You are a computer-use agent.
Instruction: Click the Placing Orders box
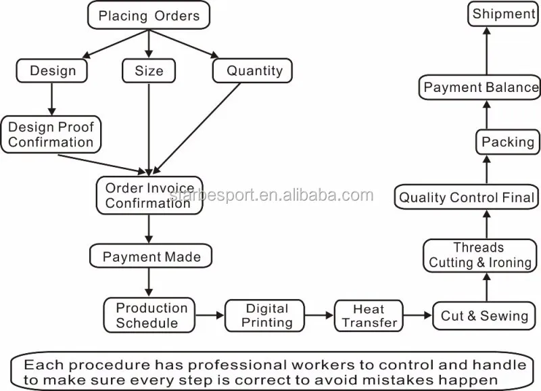coord(149,15)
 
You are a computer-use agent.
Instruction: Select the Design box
coord(52,71)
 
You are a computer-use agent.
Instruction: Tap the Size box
coord(149,71)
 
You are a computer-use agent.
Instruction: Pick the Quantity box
coord(252,71)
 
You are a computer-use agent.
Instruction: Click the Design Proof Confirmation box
coord(51,135)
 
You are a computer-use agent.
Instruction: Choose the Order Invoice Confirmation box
coord(149,195)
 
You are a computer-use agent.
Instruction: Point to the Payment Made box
coord(151,256)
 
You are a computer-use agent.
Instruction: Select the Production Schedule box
coord(149,315)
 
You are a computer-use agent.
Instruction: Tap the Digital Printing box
coord(264,315)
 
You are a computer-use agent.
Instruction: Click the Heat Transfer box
coord(369,316)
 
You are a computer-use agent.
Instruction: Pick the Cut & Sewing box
coord(484,315)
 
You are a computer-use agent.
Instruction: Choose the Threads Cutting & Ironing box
coord(480,256)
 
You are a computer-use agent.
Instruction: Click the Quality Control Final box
coord(467,197)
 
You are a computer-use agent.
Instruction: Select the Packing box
coord(508,142)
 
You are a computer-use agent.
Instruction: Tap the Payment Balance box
coord(480,87)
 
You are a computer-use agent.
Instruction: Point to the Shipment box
coord(503,14)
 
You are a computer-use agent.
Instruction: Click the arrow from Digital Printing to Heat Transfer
coord(319,315)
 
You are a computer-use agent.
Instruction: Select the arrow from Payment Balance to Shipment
coord(487,51)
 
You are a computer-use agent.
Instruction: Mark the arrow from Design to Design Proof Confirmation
coord(52,99)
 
